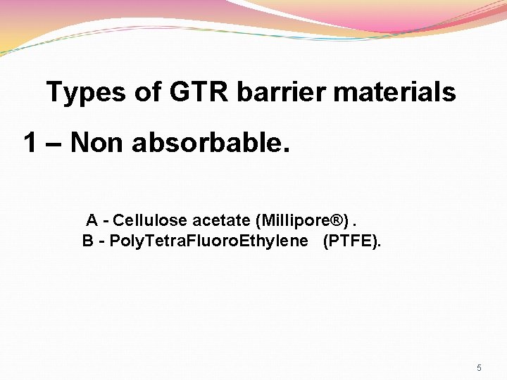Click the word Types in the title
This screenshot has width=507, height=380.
84,92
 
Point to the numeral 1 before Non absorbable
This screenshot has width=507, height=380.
30,144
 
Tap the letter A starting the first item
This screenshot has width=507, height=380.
92,221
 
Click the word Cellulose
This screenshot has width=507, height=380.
149,221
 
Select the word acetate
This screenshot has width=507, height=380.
221,221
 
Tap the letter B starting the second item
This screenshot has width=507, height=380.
88,241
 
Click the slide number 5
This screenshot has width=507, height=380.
479,368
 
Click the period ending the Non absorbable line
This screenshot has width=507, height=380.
285,151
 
